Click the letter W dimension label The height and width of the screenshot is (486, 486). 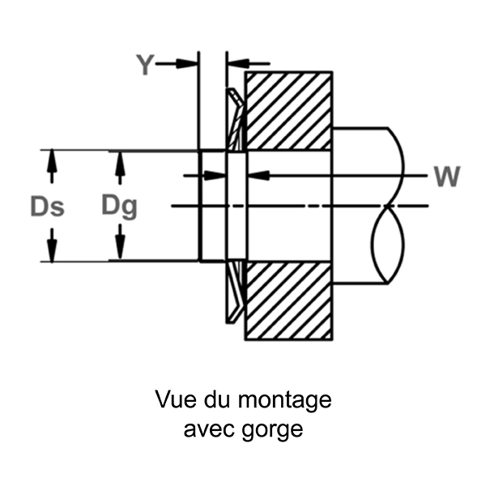pos(447,176)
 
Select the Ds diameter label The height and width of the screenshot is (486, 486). pos(48,207)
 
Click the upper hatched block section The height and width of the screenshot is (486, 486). pos(289,111)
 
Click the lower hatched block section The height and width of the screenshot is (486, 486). pos(289,301)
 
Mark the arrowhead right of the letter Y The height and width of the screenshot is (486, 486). pos(190,63)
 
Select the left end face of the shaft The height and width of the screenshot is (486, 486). pos(199,206)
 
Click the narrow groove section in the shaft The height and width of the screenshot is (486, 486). pos(236,207)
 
